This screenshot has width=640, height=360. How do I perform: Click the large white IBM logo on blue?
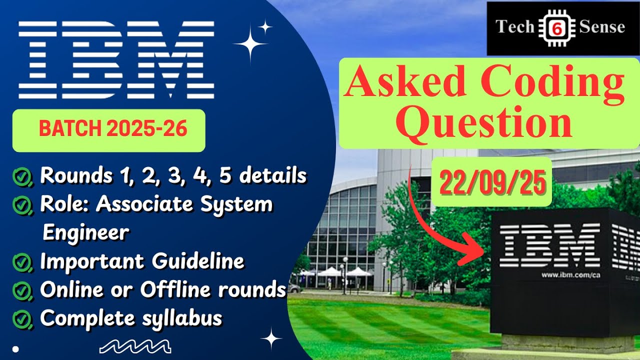click(116, 59)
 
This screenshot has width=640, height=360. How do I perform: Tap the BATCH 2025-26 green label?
click(113, 129)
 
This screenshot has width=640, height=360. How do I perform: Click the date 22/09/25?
click(492, 182)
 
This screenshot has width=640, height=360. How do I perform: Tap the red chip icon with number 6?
click(556, 28)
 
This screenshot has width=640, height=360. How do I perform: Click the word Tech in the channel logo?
click(514, 26)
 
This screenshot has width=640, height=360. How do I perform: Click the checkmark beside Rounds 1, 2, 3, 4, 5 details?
click(22, 176)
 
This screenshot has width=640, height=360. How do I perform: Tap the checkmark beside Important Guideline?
click(22, 261)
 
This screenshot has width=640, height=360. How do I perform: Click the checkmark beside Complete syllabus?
click(22, 318)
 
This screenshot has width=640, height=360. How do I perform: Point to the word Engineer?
click(86, 232)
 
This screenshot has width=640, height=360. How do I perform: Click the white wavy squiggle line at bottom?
click(135, 345)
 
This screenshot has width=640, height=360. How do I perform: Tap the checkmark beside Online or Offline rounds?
click(22, 290)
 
